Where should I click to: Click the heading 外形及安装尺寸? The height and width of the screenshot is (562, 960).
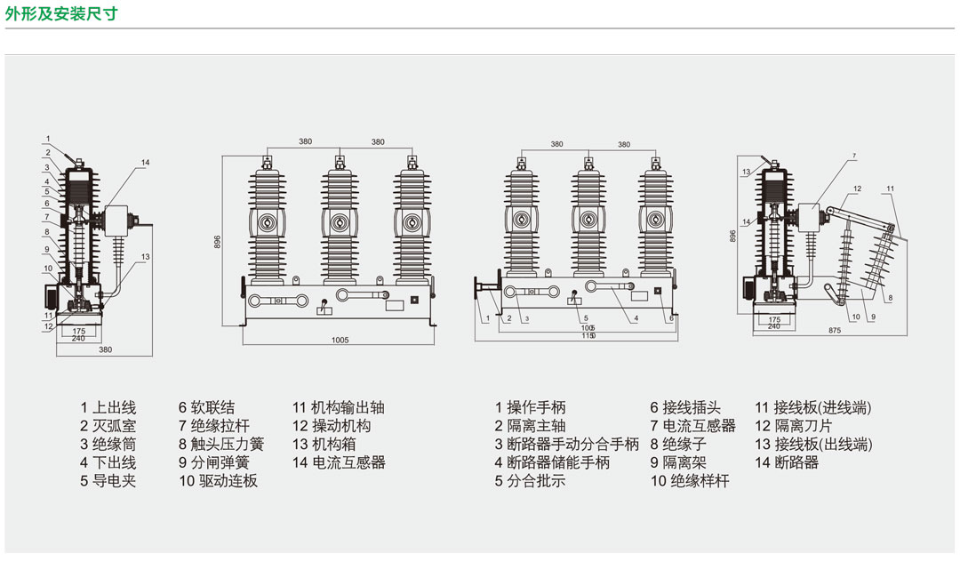[60, 13]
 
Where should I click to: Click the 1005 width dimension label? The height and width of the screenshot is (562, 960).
[340, 340]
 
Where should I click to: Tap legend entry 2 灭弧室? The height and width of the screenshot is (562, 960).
[108, 426]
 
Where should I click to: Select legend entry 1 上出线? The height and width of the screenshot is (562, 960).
[108, 408]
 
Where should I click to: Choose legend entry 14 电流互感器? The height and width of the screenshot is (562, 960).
[339, 462]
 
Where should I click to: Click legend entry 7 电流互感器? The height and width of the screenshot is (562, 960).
[692, 426]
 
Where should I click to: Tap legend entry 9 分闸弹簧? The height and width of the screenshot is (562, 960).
[214, 462]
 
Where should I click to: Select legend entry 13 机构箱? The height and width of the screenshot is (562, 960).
[330, 444]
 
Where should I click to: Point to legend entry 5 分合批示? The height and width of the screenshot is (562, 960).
[530, 481]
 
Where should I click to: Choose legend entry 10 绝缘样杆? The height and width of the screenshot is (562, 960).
[690, 481]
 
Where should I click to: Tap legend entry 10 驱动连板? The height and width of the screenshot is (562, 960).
[218, 481]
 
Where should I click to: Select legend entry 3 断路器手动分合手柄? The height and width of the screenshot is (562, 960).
[567, 444]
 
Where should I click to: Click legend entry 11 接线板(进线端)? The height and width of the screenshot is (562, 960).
[813, 408]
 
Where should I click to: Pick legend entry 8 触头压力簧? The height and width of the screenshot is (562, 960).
[221, 444]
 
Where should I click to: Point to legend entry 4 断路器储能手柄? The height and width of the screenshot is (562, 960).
[553, 462]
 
